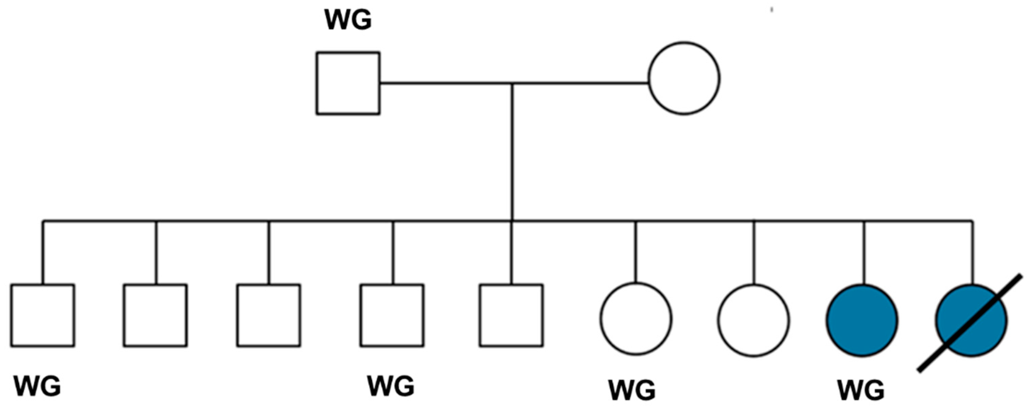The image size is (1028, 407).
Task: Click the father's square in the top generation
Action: coord(348,83)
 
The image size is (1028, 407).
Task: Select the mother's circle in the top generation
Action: coord(684,78)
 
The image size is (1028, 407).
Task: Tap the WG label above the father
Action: coord(348,20)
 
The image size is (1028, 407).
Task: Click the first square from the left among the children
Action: coord(42,315)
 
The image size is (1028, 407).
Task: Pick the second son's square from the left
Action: coord(155,315)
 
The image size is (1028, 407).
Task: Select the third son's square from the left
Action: coord(269,315)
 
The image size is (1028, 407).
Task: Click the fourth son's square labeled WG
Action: coord(392,315)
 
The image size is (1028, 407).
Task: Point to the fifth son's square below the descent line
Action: coord(511,315)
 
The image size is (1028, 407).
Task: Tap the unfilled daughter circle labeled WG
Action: coord(636,319)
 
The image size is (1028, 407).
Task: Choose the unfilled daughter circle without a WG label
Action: coord(753,320)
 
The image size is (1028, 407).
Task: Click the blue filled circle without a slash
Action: coord(862,320)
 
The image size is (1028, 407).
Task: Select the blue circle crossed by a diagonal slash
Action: coord(971,320)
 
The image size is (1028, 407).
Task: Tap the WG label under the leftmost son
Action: coord(37,386)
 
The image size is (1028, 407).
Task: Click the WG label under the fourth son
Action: coord(391,386)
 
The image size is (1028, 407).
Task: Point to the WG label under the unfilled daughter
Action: coord(632,390)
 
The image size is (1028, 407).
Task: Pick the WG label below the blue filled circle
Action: coord(861,390)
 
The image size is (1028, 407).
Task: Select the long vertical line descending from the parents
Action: coord(512,153)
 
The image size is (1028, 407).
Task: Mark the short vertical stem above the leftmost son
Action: coord(43,253)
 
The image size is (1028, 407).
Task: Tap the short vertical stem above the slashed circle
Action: coord(972,253)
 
